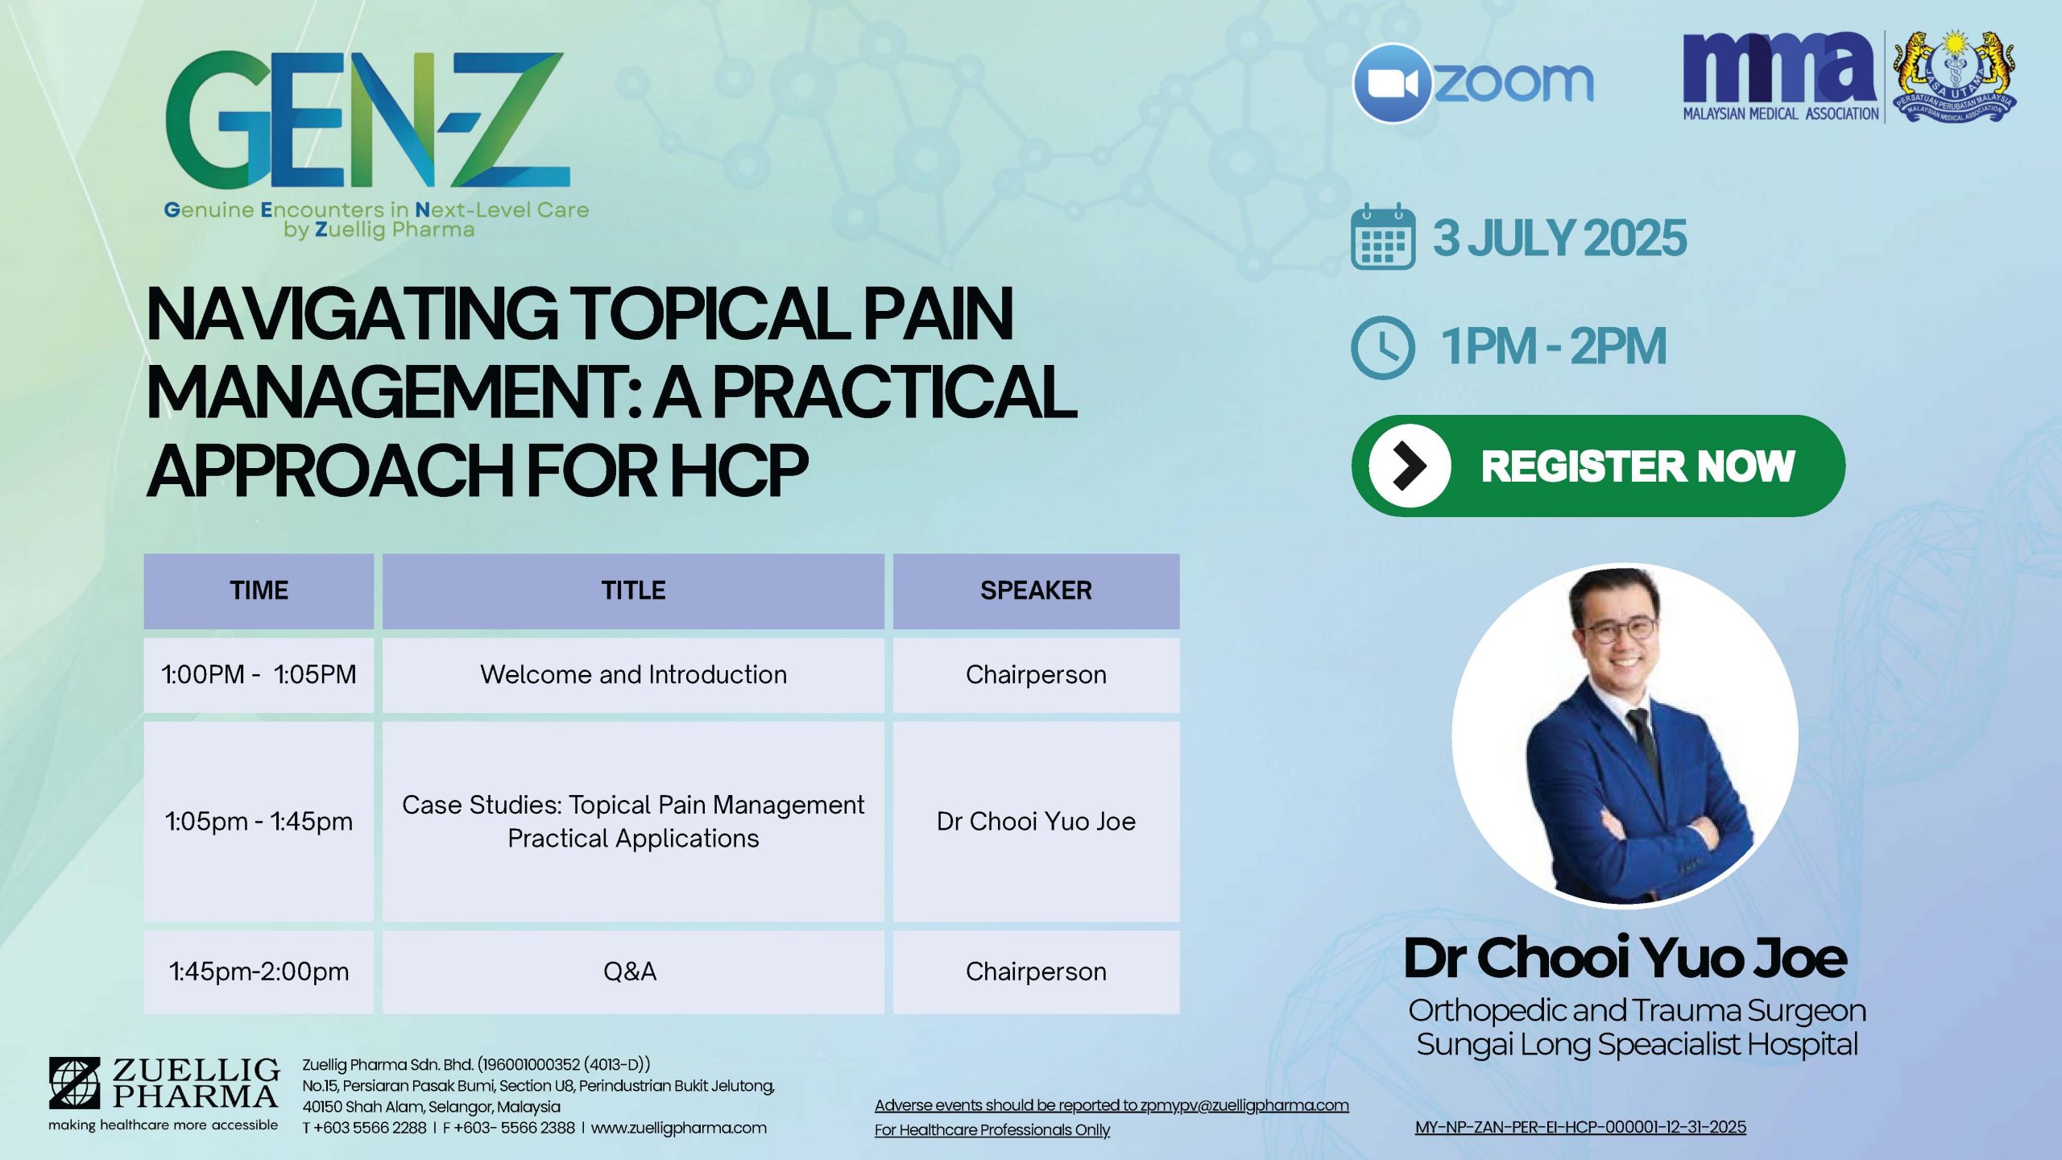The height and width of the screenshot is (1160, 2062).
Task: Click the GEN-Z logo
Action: pyautogui.click(x=367, y=121)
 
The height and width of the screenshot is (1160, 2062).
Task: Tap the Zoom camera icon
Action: pyautogui.click(x=1393, y=83)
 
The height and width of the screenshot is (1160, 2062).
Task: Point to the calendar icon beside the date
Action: pyautogui.click(x=1382, y=236)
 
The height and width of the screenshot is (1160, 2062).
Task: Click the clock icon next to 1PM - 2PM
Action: pyautogui.click(x=1382, y=347)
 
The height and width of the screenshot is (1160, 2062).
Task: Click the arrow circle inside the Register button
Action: pyautogui.click(x=1410, y=466)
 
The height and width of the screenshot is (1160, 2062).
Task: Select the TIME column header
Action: pyautogui.click(x=259, y=590)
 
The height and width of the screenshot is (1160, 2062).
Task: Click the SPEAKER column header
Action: pyautogui.click(x=1036, y=590)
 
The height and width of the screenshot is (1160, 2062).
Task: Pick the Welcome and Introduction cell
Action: pyautogui.click(x=633, y=675)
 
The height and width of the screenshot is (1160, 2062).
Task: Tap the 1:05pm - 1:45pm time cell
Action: pyautogui.click(x=259, y=822)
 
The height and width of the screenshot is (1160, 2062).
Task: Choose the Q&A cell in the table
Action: pyautogui.click(x=633, y=971)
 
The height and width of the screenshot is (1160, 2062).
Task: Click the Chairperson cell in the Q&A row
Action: pyautogui.click(x=1036, y=971)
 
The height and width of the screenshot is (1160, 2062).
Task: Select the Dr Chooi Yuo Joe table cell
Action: pyautogui.click(x=1036, y=822)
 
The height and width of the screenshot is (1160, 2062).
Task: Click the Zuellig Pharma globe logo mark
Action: pyautogui.click(x=74, y=1083)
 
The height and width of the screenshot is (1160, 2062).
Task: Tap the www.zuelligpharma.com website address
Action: pyautogui.click(x=679, y=1128)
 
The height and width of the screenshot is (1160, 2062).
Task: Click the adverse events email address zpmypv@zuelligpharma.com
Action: pyautogui.click(x=1244, y=1105)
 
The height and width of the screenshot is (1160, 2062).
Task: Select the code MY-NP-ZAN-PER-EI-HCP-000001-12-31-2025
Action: pyautogui.click(x=1580, y=1127)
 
